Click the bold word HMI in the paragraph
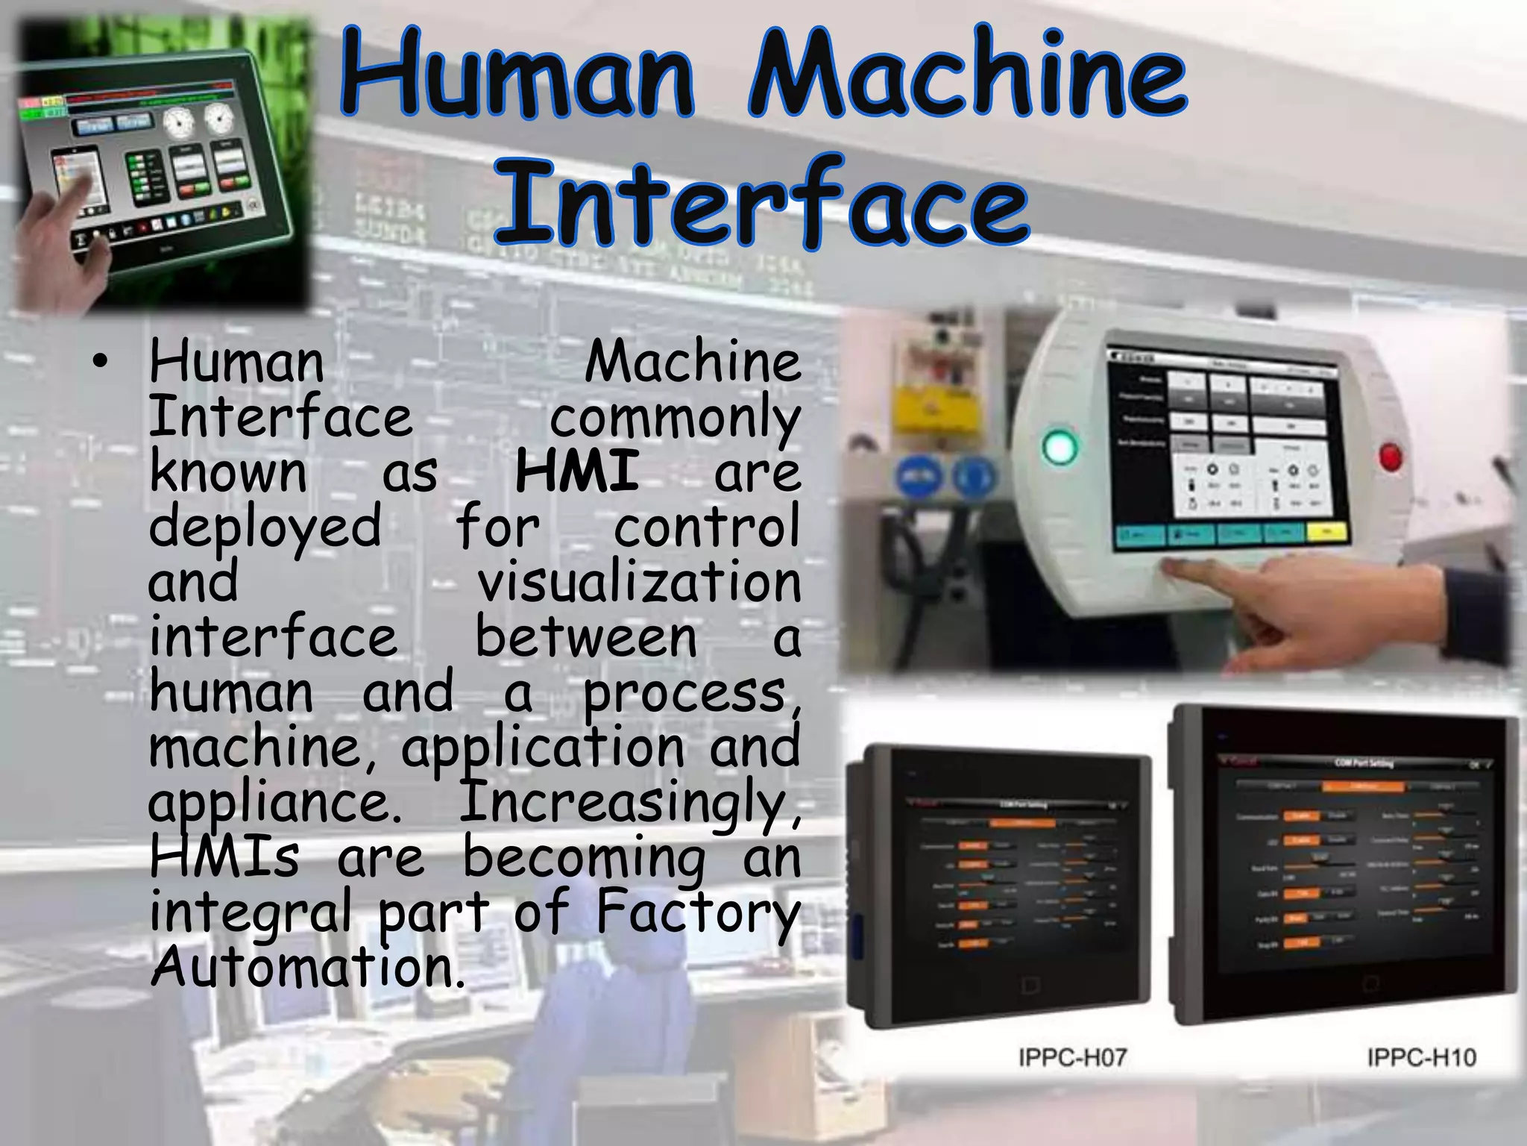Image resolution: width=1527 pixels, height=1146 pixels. [577, 472]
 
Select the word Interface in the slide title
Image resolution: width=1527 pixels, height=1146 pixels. [762, 203]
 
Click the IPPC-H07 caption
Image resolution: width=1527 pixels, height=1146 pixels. [1072, 1057]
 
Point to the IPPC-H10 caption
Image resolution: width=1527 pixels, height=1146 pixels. [1421, 1057]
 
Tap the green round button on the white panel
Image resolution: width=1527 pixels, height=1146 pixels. [1060, 447]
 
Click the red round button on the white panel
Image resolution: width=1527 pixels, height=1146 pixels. [1390, 457]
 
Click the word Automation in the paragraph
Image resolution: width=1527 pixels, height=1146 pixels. [307, 968]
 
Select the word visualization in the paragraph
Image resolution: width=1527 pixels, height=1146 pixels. [639, 583]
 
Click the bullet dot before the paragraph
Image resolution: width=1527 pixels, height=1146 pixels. [100, 363]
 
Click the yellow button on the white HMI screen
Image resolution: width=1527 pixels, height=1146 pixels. [1326, 531]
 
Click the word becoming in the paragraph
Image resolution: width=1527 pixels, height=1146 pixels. [585, 858]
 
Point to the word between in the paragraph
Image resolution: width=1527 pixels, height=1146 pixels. [586, 639]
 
